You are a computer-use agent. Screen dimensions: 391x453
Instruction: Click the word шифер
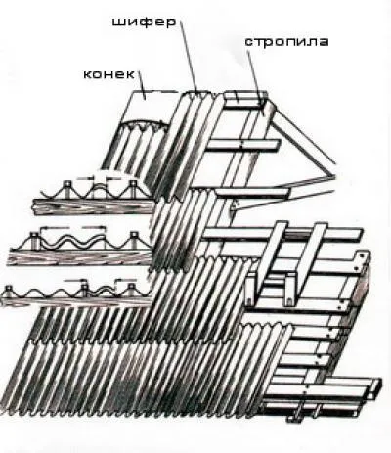point(144,22)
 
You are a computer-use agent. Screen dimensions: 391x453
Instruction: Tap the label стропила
point(286,42)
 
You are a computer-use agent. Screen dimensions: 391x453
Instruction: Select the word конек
point(109,74)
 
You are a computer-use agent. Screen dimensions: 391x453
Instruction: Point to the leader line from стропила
point(254,76)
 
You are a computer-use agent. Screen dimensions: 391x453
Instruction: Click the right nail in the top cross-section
point(133,189)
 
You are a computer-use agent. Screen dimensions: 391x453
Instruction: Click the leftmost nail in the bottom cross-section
point(7,290)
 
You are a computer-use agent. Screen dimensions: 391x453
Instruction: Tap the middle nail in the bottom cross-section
point(85,289)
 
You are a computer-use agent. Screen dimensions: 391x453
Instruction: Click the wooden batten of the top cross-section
point(93,206)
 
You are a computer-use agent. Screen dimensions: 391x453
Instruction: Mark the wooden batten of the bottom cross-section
point(76,300)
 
